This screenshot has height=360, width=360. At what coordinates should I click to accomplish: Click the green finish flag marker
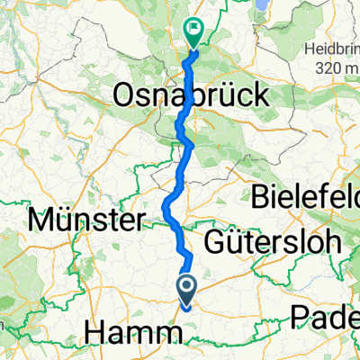point(193,32)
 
